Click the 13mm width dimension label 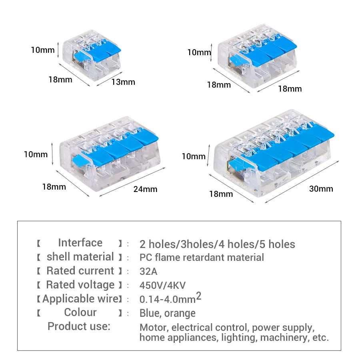coord(123,82)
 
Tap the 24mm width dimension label coord(146,189)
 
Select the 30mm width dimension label coord(321,188)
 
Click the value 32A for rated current coord(148,271)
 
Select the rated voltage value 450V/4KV coord(162,285)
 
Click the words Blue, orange coord(168,313)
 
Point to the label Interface coord(80,243)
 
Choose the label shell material coord(80,257)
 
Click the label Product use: coord(78,326)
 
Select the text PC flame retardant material coord(202,257)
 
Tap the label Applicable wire coord(80,299)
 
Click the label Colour coord(80,312)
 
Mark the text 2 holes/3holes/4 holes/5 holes coord(217,244)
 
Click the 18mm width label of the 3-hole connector coord(290,88)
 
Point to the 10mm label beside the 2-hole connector coord(42,50)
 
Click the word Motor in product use coord(154,328)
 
